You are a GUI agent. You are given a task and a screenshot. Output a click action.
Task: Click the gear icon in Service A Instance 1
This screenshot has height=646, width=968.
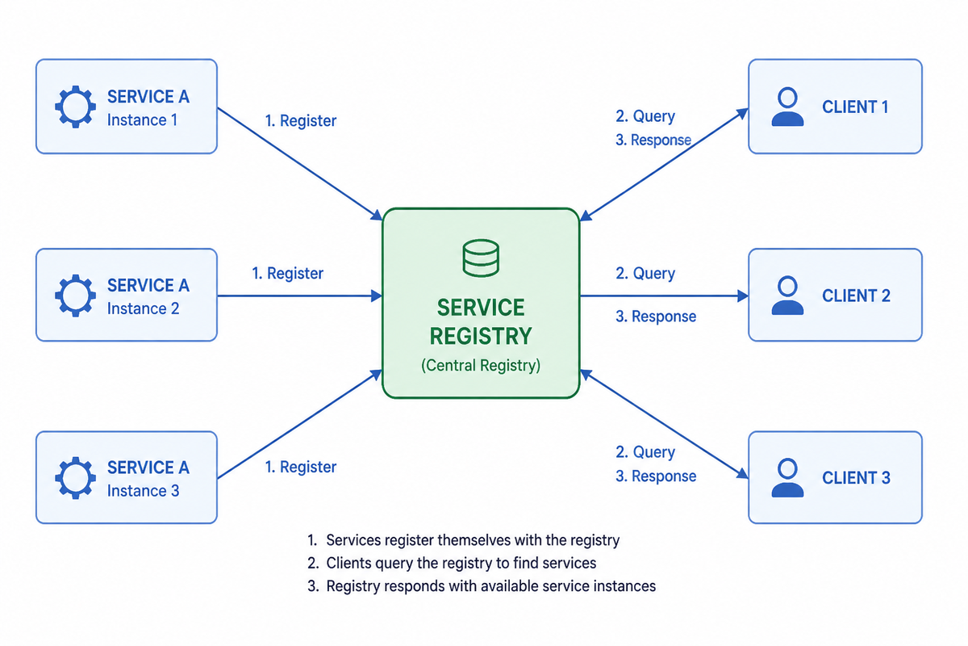pyautogui.click(x=75, y=107)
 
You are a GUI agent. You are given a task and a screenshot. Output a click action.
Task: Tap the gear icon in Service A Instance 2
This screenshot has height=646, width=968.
pyautogui.click(x=75, y=296)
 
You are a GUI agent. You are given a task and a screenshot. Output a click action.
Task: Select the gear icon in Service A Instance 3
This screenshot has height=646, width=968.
pyautogui.click(x=75, y=478)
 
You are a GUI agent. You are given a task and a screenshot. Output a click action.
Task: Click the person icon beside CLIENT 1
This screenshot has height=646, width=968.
pyautogui.click(x=787, y=107)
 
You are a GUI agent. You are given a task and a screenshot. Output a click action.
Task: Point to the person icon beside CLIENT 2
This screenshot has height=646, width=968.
pyautogui.click(x=787, y=295)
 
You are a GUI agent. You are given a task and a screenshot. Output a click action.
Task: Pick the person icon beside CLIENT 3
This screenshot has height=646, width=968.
pyautogui.click(x=787, y=478)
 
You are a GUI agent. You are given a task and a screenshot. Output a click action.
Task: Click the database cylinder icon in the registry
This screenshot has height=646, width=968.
pyautogui.click(x=481, y=258)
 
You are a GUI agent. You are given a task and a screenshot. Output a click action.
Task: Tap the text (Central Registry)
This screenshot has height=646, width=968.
pyautogui.click(x=481, y=365)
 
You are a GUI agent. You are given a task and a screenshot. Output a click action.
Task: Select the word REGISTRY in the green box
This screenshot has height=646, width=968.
pyautogui.click(x=481, y=336)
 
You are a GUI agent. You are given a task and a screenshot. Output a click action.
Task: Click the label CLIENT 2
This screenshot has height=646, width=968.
pyautogui.click(x=856, y=296)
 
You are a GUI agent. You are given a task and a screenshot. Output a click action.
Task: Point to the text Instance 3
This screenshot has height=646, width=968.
pyautogui.click(x=143, y=491)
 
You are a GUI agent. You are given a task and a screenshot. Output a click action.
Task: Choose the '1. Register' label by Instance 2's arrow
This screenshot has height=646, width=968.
pyautogui.click(x=288, y=274)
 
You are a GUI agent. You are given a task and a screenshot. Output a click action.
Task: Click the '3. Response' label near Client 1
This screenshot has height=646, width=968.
pyautogui.click(x=653, y=141)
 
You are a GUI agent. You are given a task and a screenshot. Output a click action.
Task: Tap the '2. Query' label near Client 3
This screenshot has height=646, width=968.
pyautogui.click(x=645, y=452)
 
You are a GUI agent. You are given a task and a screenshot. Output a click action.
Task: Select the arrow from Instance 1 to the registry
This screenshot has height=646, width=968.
pyautogui.click(x=300, y=164)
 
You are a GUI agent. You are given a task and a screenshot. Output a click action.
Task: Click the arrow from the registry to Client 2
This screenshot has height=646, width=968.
pyautogui.click(x=664, y=296)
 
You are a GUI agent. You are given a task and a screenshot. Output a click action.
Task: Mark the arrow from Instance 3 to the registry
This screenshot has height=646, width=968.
pyautogui.click(x=300, y=424)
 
